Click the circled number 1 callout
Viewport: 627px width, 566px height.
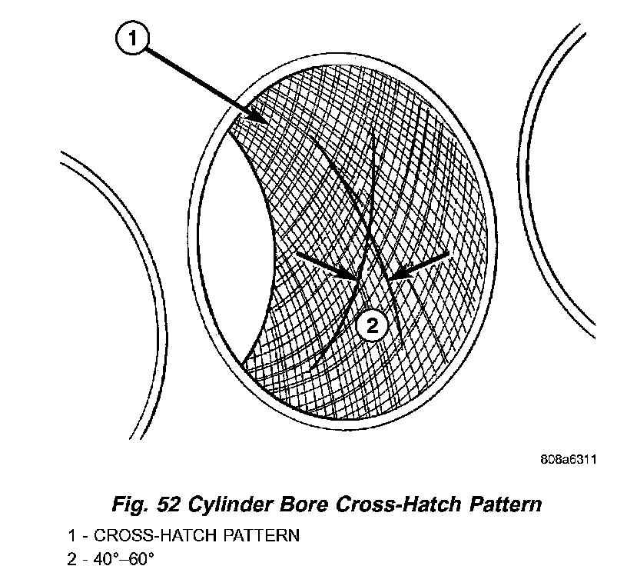point(131,38)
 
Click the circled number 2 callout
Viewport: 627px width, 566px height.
point(372,327)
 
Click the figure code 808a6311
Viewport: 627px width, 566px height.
point(568,459)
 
